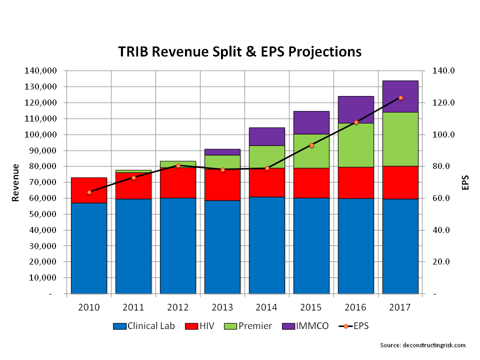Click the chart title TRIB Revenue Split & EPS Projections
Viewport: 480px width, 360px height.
pyautogui.click(x=239, y=52)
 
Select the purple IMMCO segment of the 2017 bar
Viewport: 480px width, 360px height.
pyautogui.click(x=400, y=96)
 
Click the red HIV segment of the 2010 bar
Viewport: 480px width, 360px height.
pyautogui.click(x=89, y=190)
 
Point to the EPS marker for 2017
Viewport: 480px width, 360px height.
pyautogui.click(x=400, y=98)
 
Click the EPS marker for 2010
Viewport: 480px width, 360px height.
pyautogui.click(x=89, y=192)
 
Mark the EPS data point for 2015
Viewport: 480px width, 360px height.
pyautogui.click(x=311, y=145)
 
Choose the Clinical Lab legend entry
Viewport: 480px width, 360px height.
pyautogui.click(x=144, y=326)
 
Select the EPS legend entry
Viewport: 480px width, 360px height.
pyautogui.click(x=355, y=326)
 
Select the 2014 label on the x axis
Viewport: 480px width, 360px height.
pyautogui.click(x=267, y=307)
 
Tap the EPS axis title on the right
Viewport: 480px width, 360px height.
pyautogui.click(x=465, y=182)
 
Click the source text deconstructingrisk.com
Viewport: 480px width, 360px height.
pyautogui.click(x=423, y=345)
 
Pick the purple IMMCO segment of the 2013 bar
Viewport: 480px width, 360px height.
pyautogui.click(x=222, y=152)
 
